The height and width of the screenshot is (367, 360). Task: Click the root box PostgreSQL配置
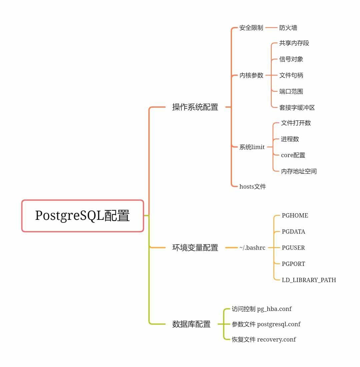click(x=83, y=216)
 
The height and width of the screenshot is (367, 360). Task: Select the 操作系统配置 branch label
click(x=195, y=107)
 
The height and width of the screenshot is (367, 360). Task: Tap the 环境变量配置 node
click(x=195, y=248)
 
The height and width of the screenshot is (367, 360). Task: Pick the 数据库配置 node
click(x=191, y=324)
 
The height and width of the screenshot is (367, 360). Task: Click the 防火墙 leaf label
click(x=288, y=28)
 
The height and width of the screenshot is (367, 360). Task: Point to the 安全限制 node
click(x=251, y=28)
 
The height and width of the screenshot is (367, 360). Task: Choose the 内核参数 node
click(x=251, y=75)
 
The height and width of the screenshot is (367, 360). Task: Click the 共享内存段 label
click(x=294, y=43)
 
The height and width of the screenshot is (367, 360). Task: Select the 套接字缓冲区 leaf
click(x=297, y=107)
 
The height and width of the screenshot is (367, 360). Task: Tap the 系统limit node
click(x=252, y=147)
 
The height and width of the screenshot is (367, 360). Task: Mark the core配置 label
click(x=293, y=155)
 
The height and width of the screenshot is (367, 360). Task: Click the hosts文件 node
click(x=253, y=187)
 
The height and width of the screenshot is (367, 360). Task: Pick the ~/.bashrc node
click(x=252, y=248)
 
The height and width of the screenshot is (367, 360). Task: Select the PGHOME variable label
click(x=295, y=216)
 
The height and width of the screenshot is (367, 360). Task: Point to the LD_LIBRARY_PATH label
click(x=309, y=280)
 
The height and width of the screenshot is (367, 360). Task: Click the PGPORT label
click(x=293, y=264)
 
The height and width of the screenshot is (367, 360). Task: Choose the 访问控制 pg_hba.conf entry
click(x=262, y=309)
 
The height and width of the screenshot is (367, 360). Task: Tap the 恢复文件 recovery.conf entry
click(x=264, y=340)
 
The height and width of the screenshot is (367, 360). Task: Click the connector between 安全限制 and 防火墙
click(x=271, y=28)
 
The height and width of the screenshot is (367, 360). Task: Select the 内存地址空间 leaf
click(x=298, y=171)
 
